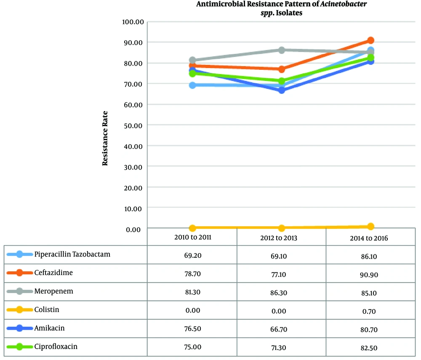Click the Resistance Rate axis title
(105, 138)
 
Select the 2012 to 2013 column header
(281, 238)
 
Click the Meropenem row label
(54, 291)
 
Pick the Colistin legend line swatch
(19, 310)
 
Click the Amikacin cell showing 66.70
(281, 328)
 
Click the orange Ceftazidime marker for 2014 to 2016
(370, 40)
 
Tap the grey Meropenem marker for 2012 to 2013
(281, 50)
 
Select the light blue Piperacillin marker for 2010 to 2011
(192, 85)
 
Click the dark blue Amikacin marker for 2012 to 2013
(281, 90)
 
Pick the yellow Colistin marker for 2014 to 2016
(370, 227)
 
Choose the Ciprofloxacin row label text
(56, 347)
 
